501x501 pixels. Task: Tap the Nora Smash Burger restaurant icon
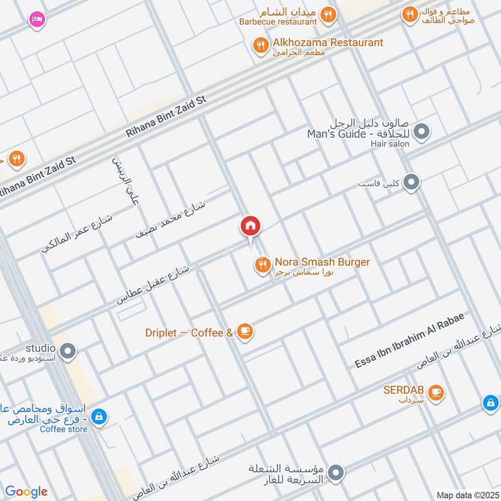click(262, 265)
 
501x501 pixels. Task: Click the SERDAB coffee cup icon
click(436, 393)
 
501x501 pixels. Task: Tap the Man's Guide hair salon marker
click(422, 132)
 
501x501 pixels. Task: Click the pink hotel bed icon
click(37, 20)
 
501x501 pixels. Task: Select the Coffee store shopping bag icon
click(98, 416)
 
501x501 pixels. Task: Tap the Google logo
click(26, 492)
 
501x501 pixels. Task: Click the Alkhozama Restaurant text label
click(328, 43)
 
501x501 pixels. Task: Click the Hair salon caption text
click(389, 144)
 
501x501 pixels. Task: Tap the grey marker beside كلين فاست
click(411, 182)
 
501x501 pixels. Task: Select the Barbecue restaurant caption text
click(278, 21)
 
